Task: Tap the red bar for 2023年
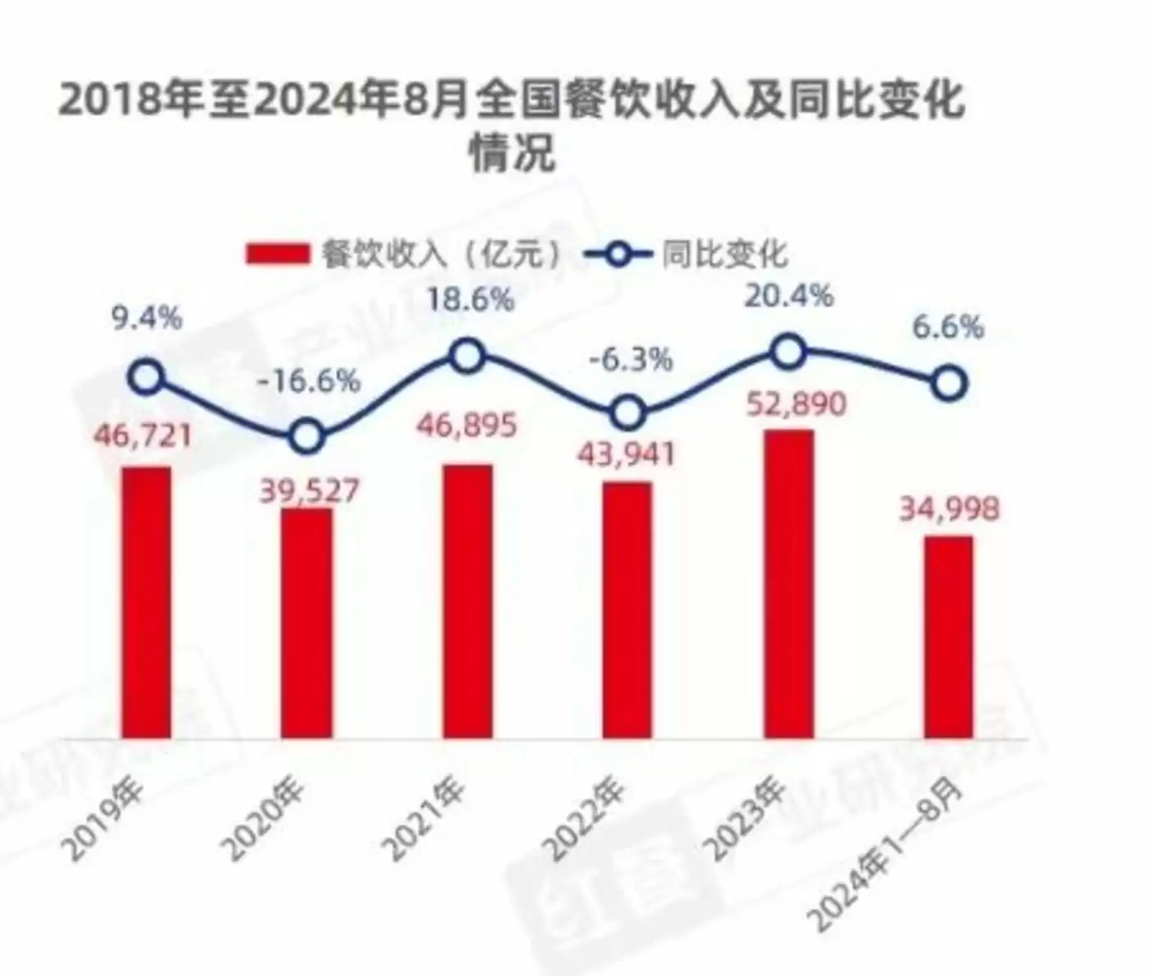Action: tap(788, 584)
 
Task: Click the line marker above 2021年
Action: tap(467, 357)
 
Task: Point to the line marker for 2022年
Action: tap(627, 413)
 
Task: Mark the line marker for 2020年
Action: tap(306, 436)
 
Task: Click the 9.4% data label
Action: tap(147, 318)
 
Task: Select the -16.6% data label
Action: tap(309, 380)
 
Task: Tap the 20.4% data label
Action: tap(788, 295)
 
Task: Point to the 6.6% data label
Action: tap(949, 328)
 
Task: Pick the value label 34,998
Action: tap(949, 509)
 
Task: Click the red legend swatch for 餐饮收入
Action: tap(277, 254)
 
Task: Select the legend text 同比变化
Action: tap(724, 254)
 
